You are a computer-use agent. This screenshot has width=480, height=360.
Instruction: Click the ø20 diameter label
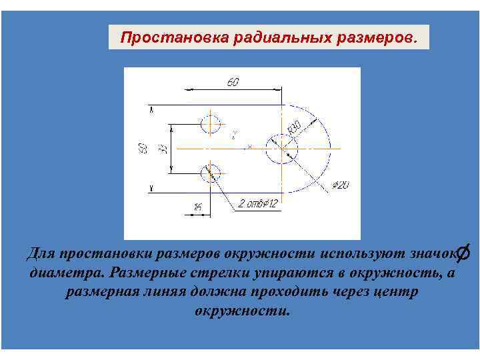point(339,185)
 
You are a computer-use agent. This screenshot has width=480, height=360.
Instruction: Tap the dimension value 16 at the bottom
point(197,208)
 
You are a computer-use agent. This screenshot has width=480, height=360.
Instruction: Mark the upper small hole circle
point(211,124)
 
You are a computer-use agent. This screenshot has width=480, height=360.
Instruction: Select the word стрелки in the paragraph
point(221,273)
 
